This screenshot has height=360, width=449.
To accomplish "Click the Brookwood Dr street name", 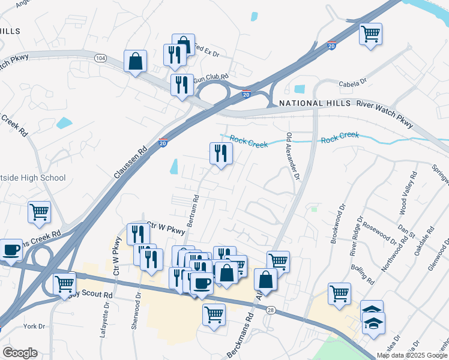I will [342, 222].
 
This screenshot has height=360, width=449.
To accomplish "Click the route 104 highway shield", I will [100, 58].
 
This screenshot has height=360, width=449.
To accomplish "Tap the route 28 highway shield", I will [271, 310].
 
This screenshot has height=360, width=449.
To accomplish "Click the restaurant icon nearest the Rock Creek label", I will [221, 154].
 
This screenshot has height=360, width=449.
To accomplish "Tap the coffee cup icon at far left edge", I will [10, 250].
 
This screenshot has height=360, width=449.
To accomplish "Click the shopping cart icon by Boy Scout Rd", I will [64, 284].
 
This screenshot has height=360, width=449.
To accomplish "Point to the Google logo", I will [20, 353].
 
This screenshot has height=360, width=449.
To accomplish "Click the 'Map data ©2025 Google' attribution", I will [412, 355].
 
